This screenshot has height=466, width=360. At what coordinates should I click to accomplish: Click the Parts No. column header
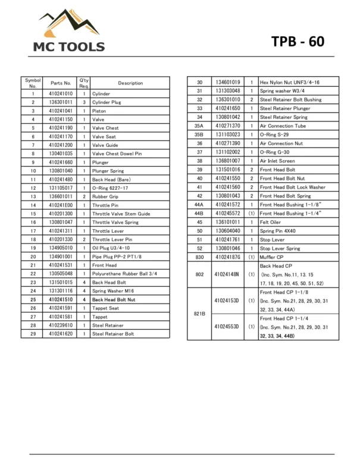pos(61,83)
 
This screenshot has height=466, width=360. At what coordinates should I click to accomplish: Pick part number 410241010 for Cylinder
pos(61,93)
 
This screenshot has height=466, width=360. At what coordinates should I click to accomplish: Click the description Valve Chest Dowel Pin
pos(117,154)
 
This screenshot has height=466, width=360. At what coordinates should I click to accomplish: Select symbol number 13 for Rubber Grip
pos(33,196)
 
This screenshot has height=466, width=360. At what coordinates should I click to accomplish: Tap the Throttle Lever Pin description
pos(112,239)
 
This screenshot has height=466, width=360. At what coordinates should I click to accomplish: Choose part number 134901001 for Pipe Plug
pos(61,257)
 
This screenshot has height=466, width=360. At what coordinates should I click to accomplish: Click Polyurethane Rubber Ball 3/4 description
pos(124,274)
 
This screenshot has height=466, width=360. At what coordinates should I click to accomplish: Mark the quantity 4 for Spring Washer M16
pos(84,291)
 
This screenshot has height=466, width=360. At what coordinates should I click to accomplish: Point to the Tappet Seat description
pos(105,308)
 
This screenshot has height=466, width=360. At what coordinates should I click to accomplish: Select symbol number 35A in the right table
pos(199,126)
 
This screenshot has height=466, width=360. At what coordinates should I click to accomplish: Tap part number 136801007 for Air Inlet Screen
pos(227,161)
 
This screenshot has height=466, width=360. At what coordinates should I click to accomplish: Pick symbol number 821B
pos(199,313)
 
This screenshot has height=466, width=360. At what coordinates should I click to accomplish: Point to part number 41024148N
pos(227,275)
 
